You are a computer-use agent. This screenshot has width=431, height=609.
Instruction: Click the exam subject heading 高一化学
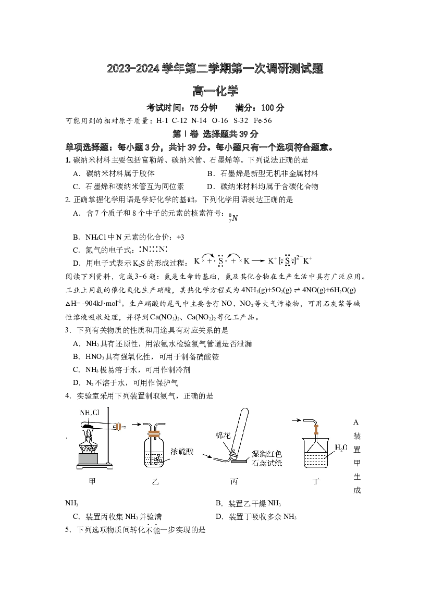[x=215, y=91]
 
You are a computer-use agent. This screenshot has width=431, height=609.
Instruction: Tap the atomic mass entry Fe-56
[x=263, y=120]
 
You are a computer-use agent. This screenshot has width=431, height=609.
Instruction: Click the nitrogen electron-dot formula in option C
[x=155, y=250]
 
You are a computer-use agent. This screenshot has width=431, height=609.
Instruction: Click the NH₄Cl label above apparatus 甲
[x=90, y=413]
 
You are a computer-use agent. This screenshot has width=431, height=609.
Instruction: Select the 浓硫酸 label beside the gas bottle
[x=182, y=451]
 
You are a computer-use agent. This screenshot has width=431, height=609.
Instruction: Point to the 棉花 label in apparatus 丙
[x=223, y=436]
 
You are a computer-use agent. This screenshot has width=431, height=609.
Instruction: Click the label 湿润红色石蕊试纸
[x=267, y=458]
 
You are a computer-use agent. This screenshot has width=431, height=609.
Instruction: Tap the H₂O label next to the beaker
[x=341, y=448]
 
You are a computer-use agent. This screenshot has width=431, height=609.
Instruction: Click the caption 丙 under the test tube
[x=234, y=481]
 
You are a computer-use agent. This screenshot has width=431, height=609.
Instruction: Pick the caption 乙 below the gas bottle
[x=155, y=481]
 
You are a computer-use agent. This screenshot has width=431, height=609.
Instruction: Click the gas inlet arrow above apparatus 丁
[x=296, y=420]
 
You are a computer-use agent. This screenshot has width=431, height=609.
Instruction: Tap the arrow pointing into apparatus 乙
[x=136, y=425]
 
